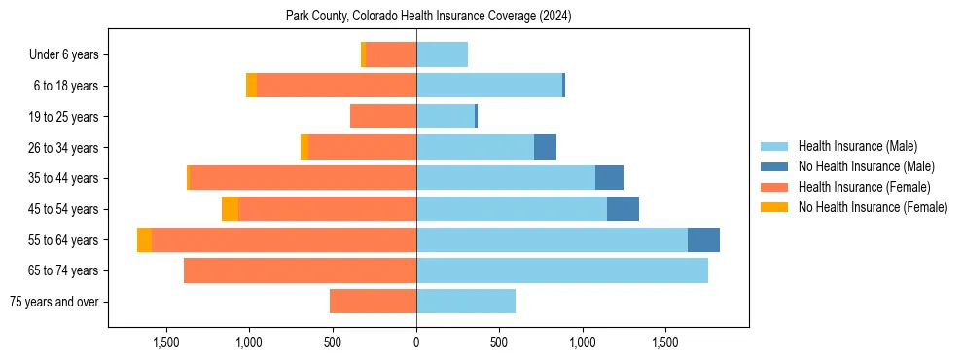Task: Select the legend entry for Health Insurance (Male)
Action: coord(857,146)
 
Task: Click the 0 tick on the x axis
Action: coord(416,342)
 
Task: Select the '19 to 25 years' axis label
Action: coord(66,117)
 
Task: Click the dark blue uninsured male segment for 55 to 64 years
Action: coord(703,240)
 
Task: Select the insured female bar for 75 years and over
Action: coord(373,302)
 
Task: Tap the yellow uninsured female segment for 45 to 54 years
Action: coord(230,209)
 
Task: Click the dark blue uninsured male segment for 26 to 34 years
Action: coord(545,148)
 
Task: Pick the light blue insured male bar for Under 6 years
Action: coord(442,55)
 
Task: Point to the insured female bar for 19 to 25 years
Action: coord(383,117)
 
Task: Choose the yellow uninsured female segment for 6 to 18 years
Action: coord(251,86)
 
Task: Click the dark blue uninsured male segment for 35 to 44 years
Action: coord(609,178)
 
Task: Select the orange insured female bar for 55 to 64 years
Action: coord(284,240)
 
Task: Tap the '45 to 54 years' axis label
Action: coord(66,209)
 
